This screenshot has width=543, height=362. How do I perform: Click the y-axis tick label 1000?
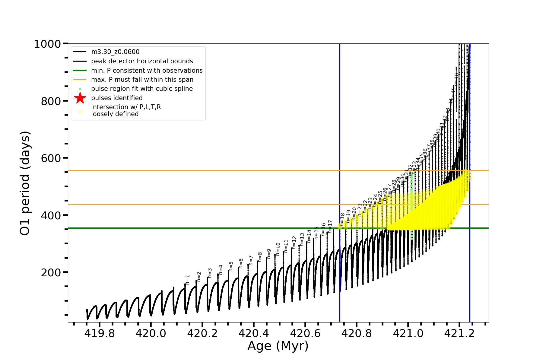pyautogui.click(x=47, y=44)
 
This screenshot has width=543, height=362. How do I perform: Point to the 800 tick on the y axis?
pyautogui.click(x=51, y=101)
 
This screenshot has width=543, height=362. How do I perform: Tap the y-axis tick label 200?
pyautogui.click(x=51, y=272)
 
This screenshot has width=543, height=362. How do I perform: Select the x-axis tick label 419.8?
pyautogui.click(x=99, y=333)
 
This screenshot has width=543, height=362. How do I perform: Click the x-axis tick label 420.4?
pyautogui.click(x=254, y=333)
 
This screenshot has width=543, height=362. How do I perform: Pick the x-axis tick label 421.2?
pyautogui.click(x=459, y=333)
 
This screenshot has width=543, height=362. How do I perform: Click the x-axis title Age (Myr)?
pyautogui.click(x=278, y=346)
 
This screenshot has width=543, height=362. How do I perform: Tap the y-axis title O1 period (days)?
pyautogui.click(x=25, y=183)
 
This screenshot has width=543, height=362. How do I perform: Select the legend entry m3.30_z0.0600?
pyautogui.click(x=115, y=52)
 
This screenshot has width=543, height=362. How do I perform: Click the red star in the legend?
pyautogui.click(x=80, y=98)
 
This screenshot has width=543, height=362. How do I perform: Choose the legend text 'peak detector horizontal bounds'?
pyautogui.click(x=142, y=61)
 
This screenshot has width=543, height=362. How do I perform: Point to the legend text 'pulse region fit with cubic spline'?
pyautogui.click(x=142, y=89)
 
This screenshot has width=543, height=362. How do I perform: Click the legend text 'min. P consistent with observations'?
pyautogui.click(x=147, y=71)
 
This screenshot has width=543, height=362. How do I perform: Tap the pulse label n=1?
pyautogui.click(x=188, y=280)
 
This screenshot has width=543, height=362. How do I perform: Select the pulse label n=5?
pyautogui.click(x=231, y=266)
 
